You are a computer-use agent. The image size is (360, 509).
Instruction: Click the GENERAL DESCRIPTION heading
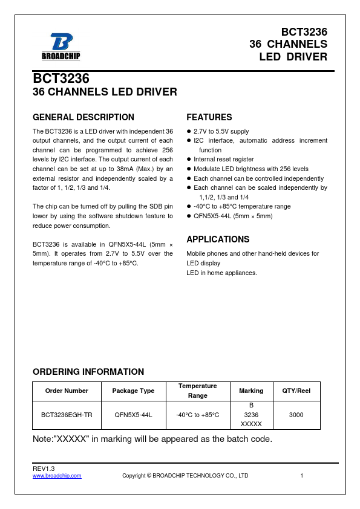tap(83, 117)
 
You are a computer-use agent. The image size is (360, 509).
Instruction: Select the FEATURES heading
tap(209, 117)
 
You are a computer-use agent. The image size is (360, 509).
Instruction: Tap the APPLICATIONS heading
tap(218, 239)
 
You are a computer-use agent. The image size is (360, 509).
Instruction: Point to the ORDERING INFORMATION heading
tap(88, 372)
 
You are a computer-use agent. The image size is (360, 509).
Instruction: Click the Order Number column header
tap(67, 391)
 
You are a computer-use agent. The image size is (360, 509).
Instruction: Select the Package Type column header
tap(133, 391)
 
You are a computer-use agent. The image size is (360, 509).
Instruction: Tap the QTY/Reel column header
tap(296, 391)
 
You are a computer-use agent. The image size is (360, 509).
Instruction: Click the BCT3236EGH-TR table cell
tap(67, 415)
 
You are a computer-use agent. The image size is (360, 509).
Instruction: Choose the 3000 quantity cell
tap(296, 415)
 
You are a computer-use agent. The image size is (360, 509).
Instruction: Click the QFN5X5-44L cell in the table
tap(133, 415)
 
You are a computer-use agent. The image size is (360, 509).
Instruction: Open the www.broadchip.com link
tap(57, 476)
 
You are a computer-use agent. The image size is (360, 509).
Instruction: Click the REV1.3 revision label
tap(44, 469)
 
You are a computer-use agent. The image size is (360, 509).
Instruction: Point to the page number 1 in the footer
tap(301, 476)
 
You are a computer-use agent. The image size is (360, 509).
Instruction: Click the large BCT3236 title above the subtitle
tap(61, 79)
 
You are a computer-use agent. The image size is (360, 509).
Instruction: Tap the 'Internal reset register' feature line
tap(224, 160)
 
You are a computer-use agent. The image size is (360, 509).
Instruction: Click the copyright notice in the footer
tap(185, 476)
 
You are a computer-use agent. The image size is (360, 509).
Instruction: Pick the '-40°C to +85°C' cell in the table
tap(197, 415)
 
